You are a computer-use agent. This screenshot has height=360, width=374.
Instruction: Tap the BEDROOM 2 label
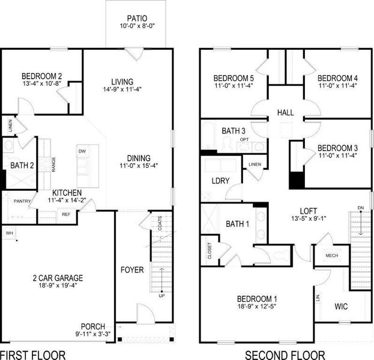(42, 76)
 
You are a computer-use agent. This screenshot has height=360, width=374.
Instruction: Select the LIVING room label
(122, 82)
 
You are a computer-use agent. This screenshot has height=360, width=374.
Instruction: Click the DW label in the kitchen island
(82, 152)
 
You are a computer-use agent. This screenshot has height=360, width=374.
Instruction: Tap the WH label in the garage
(9, 232)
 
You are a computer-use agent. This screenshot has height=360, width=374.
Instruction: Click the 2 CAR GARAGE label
(58, 278)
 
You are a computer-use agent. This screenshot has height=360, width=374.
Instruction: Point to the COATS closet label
(160, 224)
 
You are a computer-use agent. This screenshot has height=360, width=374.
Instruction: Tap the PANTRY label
(22, 202)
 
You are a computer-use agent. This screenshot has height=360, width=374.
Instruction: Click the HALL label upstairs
(285, 113)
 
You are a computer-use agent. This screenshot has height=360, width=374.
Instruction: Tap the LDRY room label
(219, 181)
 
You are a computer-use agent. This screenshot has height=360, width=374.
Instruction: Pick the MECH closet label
(332, 254)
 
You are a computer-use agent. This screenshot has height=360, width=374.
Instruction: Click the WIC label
(341, 307)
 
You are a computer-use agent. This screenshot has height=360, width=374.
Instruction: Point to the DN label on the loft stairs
(360, 208)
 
